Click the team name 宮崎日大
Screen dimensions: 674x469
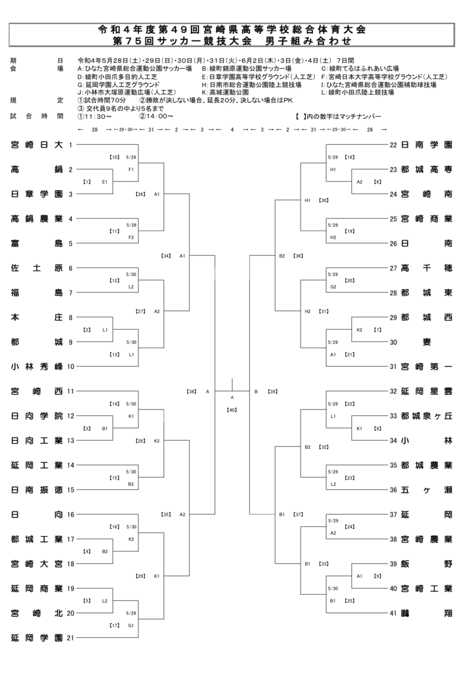[37, 145]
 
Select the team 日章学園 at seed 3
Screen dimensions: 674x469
[37, 194]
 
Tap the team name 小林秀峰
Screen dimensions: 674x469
[37, 367]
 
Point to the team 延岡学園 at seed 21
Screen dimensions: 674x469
[37, 638]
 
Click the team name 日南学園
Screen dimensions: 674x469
[427, 145]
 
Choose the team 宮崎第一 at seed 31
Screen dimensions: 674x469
[427, 367]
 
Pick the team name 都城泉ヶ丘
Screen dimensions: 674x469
[427, 416]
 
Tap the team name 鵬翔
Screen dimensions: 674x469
[427, 613]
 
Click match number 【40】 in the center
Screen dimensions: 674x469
[232, 410]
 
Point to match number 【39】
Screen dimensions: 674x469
[273, 391]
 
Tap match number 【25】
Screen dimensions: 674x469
[349, 601]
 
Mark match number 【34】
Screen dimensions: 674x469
[166, 256]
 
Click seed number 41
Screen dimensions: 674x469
[393, 613]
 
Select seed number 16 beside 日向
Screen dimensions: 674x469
[71, 515]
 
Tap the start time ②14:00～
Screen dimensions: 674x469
[156, 116]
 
